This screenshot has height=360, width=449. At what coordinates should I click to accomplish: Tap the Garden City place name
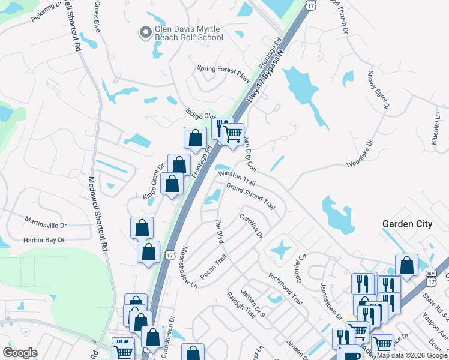(407, 224)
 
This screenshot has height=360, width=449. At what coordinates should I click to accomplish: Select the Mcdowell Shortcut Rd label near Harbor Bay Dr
(98, 213)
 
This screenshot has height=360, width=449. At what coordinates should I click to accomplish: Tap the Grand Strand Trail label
(250, 197)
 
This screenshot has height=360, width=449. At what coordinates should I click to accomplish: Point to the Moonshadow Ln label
(189, 266)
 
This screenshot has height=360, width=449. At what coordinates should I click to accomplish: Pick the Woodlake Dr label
(360, 154)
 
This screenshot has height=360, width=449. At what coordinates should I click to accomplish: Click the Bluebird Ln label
(436, 130)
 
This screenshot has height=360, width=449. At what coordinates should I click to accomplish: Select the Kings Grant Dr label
(153, 179)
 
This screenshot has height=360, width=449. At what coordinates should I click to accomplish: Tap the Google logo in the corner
(20, 353)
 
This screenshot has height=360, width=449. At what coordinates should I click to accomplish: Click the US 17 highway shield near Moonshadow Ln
(170, 256)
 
